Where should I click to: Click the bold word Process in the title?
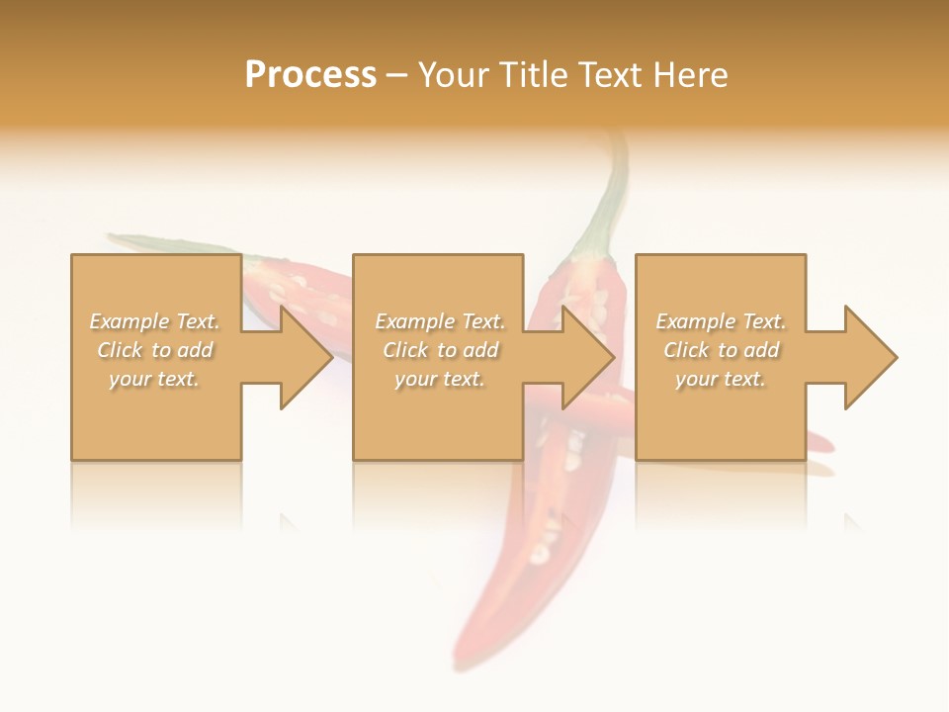point(310,75)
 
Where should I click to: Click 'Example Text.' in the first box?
point(155,321)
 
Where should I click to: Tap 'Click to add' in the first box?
point(155,350)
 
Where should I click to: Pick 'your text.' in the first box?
point(155,379)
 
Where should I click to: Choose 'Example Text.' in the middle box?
point(440,321)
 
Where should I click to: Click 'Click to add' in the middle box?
point(440,350)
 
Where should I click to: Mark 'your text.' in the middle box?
point(440,379)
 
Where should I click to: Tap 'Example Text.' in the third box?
point(721,321)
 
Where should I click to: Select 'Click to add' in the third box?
point(721,350)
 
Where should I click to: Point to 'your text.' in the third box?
point(721,379)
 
